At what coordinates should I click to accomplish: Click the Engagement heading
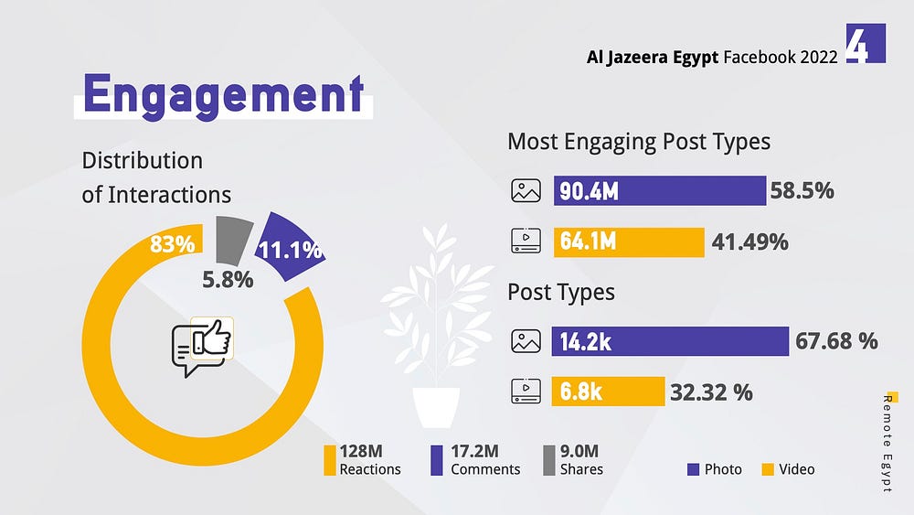[223, 93]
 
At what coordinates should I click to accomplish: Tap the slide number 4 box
[865, 43]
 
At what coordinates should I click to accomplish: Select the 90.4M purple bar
[659, 191]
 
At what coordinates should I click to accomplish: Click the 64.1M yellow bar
[628, 241]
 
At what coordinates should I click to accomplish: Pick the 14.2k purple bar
[670, 341]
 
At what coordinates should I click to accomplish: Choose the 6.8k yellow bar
[608, 392]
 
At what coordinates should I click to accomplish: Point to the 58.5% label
[802, 191]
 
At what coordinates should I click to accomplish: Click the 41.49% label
[749, 241]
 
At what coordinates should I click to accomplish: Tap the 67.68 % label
[836, 341]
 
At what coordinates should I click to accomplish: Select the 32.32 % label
[711, 392]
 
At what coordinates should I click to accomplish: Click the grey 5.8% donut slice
[234, 240]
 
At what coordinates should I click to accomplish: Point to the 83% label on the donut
[173, 244]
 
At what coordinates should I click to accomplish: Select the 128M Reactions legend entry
[364, 459]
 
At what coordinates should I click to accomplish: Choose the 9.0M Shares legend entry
[574, 459]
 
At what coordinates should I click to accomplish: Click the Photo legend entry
[715, 469]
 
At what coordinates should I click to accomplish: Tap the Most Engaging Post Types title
[639, 142]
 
